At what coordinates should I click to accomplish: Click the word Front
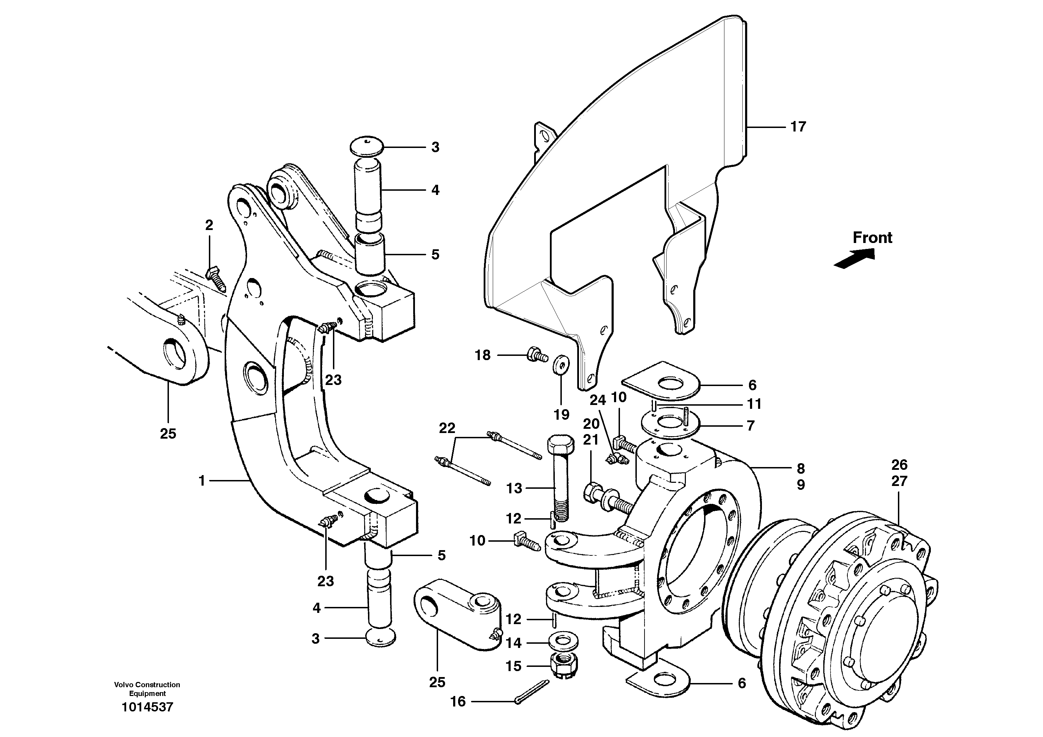click(x=872, y=238)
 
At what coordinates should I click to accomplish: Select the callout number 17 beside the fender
click(x=798, y=127)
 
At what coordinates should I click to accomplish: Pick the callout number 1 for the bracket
click(x=202, y=480)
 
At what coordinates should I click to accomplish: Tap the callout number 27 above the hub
click(x=899, y=481)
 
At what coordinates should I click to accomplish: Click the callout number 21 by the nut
click(x=591, y=440)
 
